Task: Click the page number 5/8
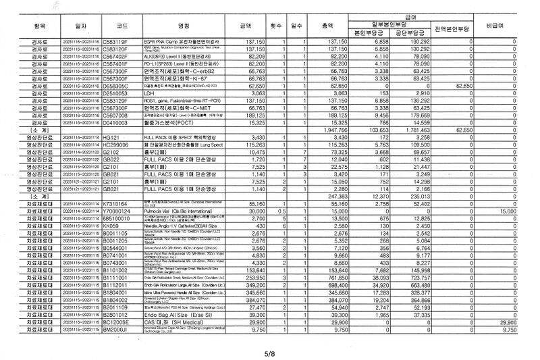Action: [x=269, y=351]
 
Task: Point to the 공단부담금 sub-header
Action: [x=408, y=32]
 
